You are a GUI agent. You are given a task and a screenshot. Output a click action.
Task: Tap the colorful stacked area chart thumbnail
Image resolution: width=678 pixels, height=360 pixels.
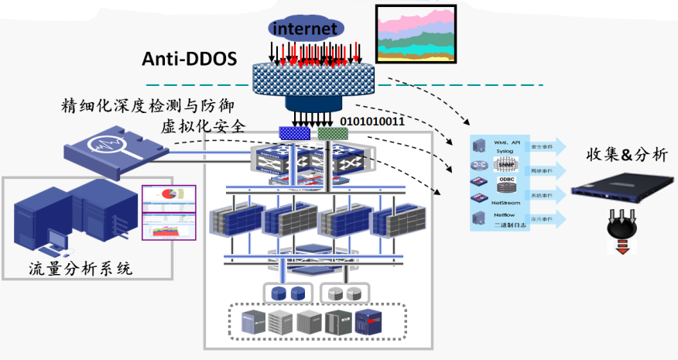tap(415, 33)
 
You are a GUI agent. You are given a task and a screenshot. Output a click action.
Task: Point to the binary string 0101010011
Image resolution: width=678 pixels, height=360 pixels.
tap(372, 122)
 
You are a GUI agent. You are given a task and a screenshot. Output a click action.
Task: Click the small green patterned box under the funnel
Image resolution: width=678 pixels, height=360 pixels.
tap(333, 134)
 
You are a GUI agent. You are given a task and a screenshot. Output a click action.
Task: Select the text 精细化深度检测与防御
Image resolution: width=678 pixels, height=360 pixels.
tap(147, 106)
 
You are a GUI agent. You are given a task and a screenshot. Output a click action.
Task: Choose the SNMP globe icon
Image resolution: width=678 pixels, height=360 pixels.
tap(504, 165)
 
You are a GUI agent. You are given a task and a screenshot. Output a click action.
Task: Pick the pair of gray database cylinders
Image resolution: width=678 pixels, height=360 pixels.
tap(343, 293)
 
